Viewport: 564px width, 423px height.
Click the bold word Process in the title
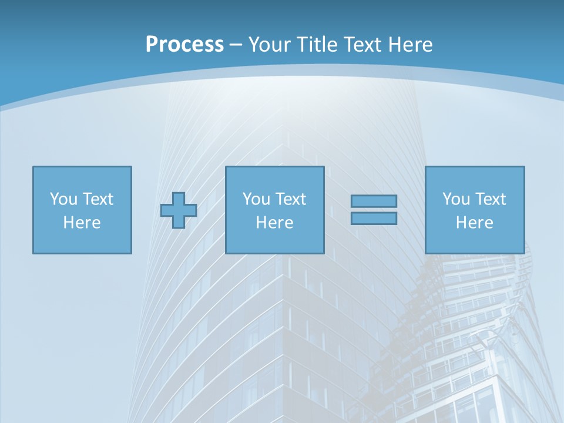coord(184,45)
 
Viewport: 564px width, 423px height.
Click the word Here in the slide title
coord(411,45)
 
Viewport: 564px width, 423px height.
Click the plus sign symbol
coord(179,210)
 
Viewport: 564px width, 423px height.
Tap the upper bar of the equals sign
coord(374,201)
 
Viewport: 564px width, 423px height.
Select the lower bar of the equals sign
coord(374,218)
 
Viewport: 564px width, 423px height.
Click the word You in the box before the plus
coord(63,199)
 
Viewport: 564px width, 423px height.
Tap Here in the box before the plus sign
coord(82,223)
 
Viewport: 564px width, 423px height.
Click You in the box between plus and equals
coord(256,199)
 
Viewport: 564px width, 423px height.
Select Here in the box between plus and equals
coord(274,223)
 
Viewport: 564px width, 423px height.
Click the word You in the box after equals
coord(456,199)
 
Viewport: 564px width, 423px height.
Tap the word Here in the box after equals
coord(474,223)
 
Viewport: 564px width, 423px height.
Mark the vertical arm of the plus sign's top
coord(179,197)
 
